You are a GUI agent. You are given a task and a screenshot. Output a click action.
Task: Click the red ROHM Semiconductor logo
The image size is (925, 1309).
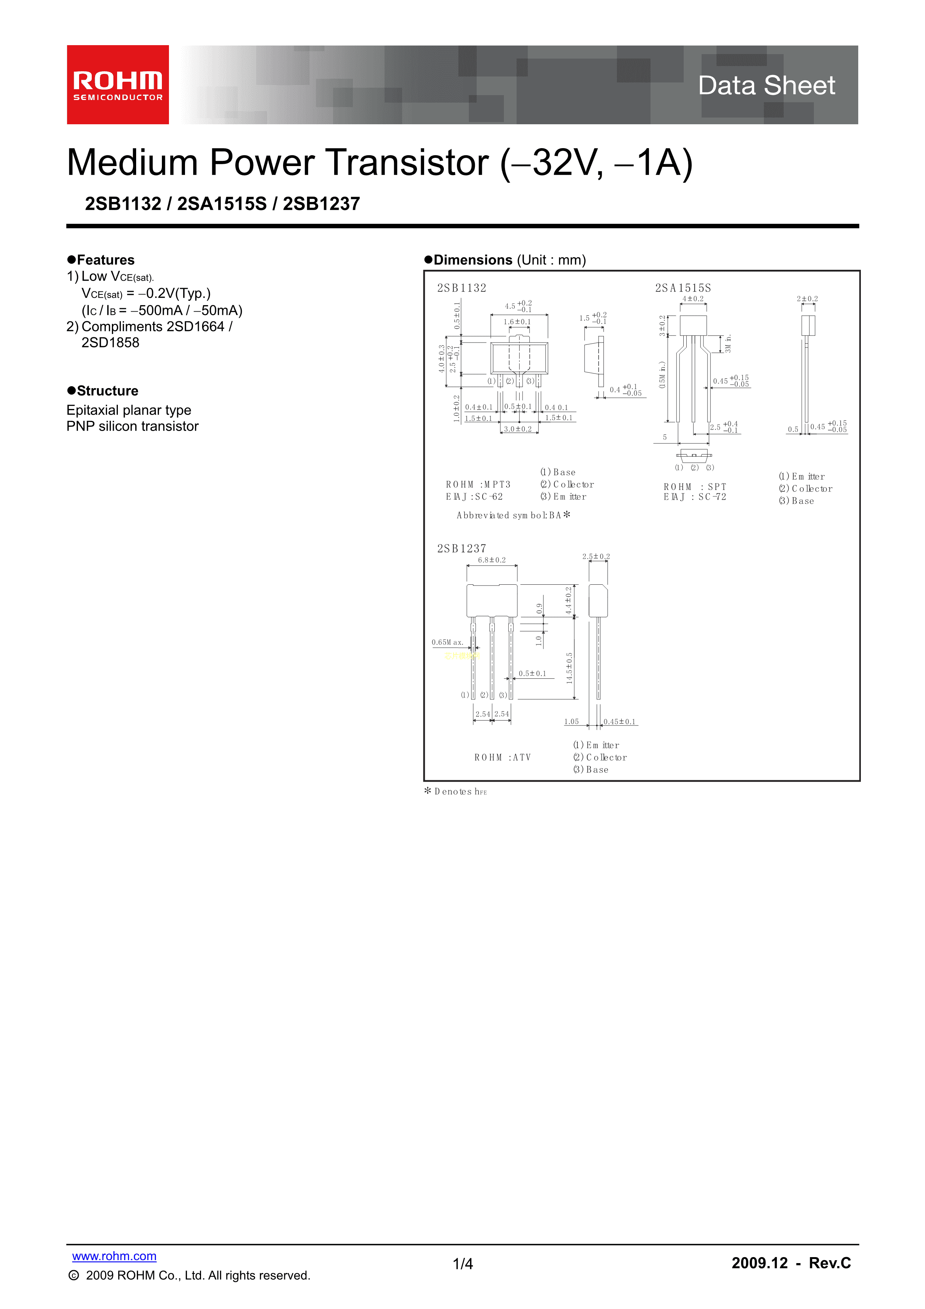(118, 84)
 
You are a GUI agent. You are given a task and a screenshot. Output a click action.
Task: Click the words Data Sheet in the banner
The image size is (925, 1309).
(766, 85)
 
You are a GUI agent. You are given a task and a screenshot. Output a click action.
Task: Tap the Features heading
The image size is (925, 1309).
(106, 260)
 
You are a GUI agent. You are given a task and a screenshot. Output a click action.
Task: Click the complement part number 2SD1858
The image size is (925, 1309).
(110, 343)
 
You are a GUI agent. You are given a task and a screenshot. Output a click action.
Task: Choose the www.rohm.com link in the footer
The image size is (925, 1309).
(114, 1256)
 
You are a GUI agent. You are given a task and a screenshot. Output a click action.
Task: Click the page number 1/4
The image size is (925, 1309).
(463, 1264)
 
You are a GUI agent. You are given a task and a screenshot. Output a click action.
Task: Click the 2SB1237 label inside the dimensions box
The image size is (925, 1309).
(462, 549)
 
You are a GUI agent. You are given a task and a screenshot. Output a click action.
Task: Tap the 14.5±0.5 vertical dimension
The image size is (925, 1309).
(569, 668)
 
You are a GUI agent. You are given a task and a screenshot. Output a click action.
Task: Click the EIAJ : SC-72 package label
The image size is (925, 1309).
(695, 497)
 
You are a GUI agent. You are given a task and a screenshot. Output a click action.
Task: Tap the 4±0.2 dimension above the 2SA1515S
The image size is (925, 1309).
(693, 299)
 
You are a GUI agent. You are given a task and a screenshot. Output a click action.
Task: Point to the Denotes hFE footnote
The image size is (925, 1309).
(456, 791)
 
